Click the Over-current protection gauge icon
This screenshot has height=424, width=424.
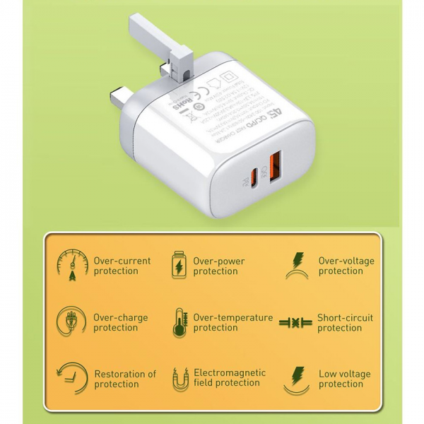(71, 265)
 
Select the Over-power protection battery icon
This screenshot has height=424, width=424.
(178, 266)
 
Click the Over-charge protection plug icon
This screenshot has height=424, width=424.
(71, 322)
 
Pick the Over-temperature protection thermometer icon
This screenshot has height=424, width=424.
(179, 323)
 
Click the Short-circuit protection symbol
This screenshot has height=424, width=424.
(295, 323)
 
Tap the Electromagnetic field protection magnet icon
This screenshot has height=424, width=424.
(179, 379)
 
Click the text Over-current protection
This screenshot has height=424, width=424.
(122, 266)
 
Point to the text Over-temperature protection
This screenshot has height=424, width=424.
(232, 323)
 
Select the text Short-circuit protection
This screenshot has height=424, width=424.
(345, 323)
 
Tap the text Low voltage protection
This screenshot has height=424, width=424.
(345, 379)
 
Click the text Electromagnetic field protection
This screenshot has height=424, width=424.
(230, 379)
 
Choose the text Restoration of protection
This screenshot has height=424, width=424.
(125, 379)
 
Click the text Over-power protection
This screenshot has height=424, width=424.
(219, 266)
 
